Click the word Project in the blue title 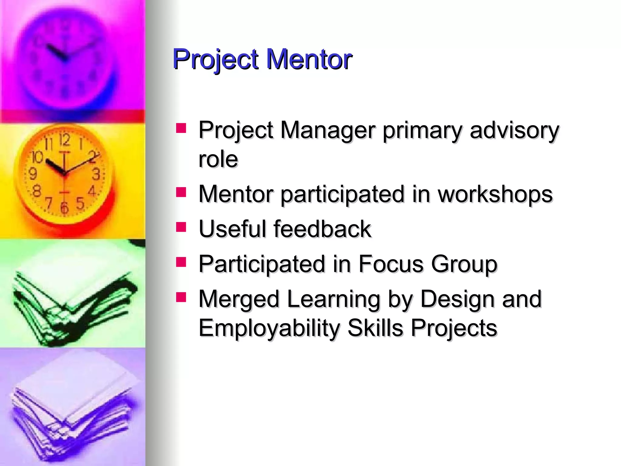coord(215,60)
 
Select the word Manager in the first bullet coord(328,130)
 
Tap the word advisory coord(514,130)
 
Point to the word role coord(218,159)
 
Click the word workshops coord(495,194)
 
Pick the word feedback coord(322,229)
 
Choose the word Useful coord(232,229)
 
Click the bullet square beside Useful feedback coord(181,227)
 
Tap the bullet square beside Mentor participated coord(181,192)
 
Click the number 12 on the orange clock coord(65,140)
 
